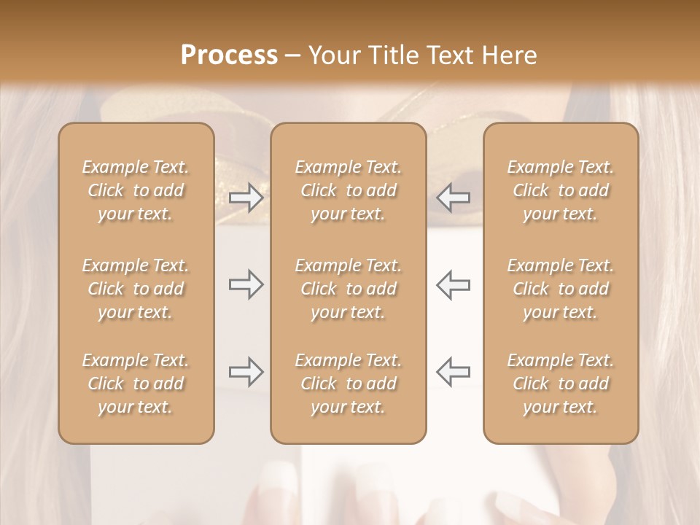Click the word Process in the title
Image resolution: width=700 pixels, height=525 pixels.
pos(229,55)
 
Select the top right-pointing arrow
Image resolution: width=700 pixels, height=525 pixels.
pos(246,198)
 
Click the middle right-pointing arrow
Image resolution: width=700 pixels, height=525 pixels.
pos(246,284)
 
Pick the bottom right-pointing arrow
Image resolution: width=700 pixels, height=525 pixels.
pos(246,372)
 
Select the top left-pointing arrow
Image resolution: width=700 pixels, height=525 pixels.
pos(453,198)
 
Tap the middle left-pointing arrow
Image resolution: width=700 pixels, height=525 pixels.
pos(453,284)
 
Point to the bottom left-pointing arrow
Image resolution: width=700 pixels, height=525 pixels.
pos(453,372)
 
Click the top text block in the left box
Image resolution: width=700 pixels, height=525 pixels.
pos(136,190)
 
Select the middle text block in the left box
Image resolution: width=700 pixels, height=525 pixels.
pos(136,289)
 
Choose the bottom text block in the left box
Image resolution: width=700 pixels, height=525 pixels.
pos(136,384)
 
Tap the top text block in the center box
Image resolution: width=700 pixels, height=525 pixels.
pos(349,190)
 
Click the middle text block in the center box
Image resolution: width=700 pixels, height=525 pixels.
pos(349,289)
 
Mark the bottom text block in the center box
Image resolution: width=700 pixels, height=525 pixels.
pos(349,384)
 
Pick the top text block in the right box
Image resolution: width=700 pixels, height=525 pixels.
pos(561,190)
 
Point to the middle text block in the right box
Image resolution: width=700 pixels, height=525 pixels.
pos(561,289)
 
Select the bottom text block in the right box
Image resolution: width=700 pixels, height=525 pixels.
pos(561,384)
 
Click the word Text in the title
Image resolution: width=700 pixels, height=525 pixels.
pos(445,55)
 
